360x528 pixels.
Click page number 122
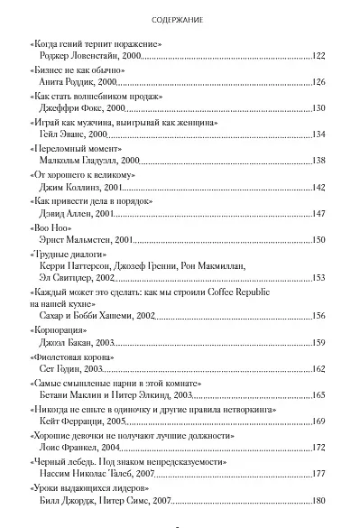pyautogui.click(x=317, y=56)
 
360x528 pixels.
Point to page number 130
pyautogui.click(x=317, y=108)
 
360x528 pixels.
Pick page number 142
pyautogui.click(x=317, y=187)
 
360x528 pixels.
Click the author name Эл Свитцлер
pyautogui.click(x=65, y=279)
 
